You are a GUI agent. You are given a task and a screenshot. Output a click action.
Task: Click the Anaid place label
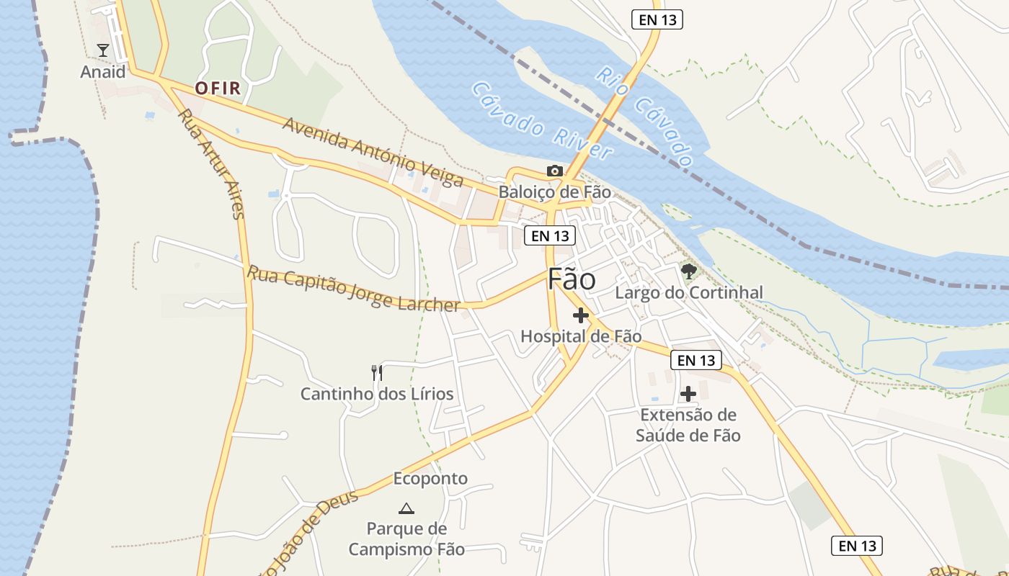tap(102, 72)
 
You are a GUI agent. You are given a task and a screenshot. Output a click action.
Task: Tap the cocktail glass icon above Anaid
tap(102, 50)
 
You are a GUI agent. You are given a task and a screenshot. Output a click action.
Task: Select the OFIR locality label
tap(217, 89)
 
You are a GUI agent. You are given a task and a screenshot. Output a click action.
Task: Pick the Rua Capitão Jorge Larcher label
tap(353, 289)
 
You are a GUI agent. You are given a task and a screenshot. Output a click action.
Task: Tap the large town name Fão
tap(572, 279)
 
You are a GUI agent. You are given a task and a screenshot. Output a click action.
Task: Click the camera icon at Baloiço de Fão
tap(554, 171)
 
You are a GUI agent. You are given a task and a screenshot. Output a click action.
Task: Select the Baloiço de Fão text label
tap(554, 192)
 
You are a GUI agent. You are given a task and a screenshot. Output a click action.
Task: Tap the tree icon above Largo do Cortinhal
tap(688, 271)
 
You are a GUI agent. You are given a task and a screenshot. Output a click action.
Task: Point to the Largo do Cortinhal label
tap(688, 293)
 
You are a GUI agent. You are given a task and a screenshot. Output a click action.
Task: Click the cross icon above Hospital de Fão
tap(580, 315)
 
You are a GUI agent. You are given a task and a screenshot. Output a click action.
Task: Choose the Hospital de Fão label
tap(580, 336)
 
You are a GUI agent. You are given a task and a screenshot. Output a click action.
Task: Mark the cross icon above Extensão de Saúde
tap(688, 394)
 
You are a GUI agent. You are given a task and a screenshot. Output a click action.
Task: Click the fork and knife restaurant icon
tap(376, 372)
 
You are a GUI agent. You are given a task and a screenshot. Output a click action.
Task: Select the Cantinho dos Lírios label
tap(376, 394)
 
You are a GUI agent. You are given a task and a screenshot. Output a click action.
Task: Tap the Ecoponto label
tap(430, 479)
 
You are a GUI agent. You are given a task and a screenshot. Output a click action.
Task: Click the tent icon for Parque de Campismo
tap(406, 508)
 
